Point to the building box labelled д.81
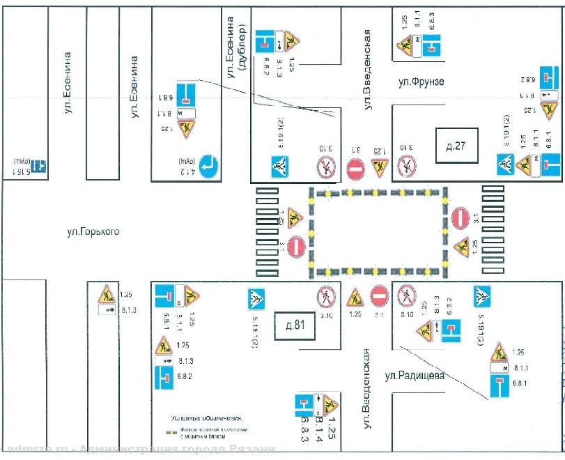(294, 325)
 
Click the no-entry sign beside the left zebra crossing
(296, 245)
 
